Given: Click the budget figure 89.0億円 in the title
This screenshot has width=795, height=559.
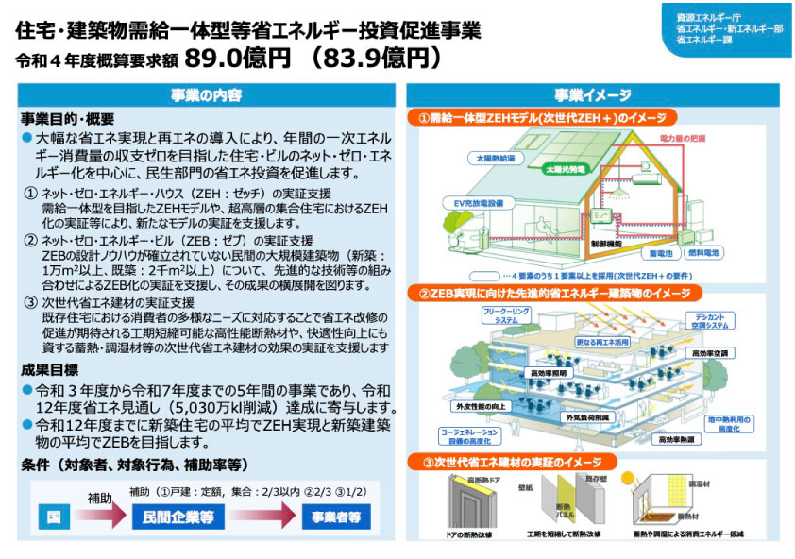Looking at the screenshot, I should pyautogui.click(x=237, y=59).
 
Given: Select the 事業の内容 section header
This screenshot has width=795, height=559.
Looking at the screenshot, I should pyautogui.click(x=206, y=95).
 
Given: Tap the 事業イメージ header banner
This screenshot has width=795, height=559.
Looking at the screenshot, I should pyautogui.click(x=592, y=95).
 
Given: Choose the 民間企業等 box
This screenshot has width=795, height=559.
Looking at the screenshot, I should pyautogui.click(x=178, y=517).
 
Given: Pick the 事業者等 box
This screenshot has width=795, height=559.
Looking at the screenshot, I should pyautogui.click(x=336, y=517).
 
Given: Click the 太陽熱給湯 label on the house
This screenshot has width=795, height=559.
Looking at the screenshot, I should pyautogui.click(x=495, y=158).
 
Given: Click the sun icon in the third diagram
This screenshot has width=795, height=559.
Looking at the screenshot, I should pyautogui.click(x=626, y=463).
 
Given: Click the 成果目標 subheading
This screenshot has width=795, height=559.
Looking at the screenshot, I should pyautogui.click(x=53, y=370).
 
